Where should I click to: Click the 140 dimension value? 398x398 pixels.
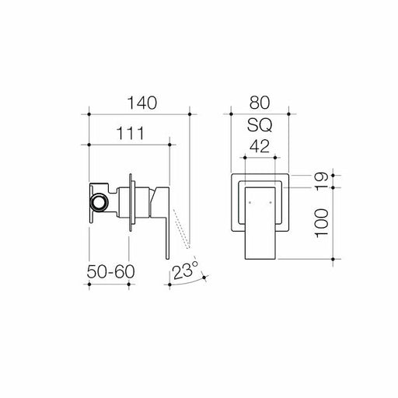(141, 103)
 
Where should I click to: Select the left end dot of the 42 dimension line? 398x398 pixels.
(244, 158)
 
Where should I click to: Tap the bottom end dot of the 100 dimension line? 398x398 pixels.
(335, 258)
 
